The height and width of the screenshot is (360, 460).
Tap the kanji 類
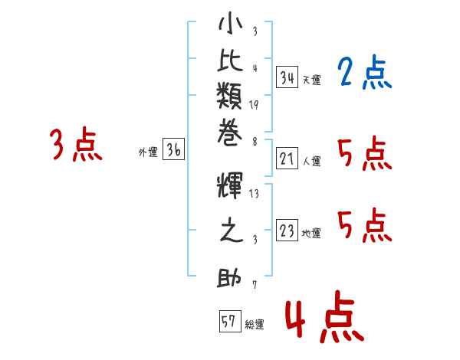(229, 97)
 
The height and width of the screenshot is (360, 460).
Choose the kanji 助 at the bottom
(229, 279)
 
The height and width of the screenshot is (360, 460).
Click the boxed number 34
(287, 77)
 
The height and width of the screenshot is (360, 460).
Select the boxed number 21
(287, 159)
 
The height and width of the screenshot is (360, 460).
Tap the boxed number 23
(287, 231)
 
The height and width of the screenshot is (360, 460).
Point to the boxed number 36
(173, 151)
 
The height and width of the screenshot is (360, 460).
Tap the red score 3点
(76, 145)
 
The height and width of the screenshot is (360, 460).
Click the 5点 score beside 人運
(364, 155)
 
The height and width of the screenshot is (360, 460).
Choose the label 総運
(255, 325)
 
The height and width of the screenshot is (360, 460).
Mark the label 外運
(148, 152)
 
